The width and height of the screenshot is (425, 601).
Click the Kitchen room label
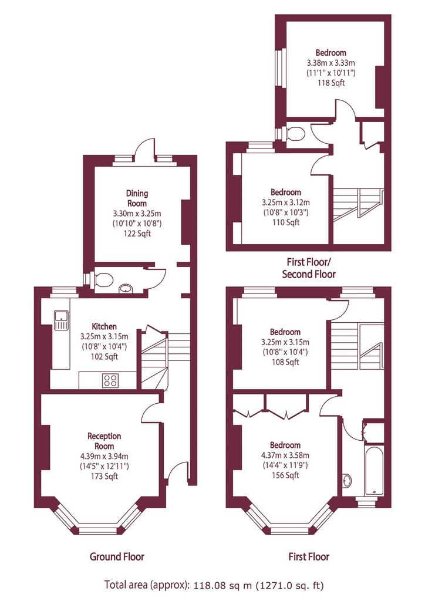point(104,326)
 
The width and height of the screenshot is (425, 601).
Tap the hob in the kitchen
point(110,380)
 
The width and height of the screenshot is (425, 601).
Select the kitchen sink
point(61,320)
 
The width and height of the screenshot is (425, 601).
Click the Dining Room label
point(137,198)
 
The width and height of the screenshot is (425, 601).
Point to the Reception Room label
point(104,441)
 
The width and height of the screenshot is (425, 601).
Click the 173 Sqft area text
point(104,477)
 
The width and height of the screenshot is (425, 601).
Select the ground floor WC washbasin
point(126,288)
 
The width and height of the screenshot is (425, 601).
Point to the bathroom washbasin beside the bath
point(347,481)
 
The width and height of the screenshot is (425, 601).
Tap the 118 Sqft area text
point(331,83)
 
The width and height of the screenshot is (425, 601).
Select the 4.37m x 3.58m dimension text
point(285,455)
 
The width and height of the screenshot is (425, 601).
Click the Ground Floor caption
point(117,556)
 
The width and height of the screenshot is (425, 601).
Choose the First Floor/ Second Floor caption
point(309,268)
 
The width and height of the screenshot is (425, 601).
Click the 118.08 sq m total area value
point(222,585)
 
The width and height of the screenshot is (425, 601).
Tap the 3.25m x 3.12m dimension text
point(286,202)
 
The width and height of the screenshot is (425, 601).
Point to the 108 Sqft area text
point(285,362)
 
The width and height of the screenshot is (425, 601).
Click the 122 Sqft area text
point(137,234)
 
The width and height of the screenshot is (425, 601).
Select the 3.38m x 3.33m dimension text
point(331,63)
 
